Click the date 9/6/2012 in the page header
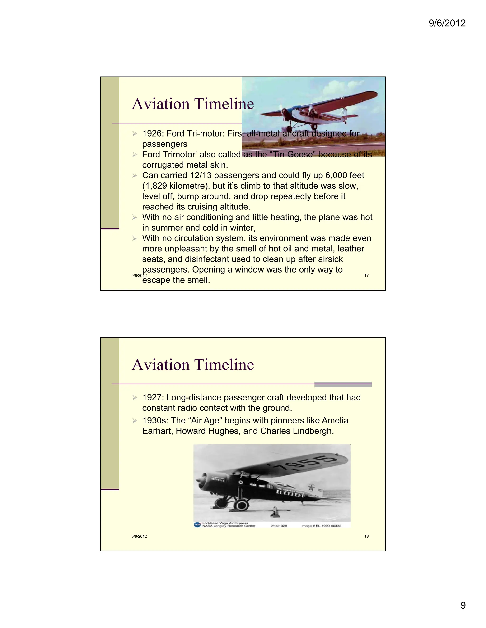[447, 23]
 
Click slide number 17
[366, 275]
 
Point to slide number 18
[366, 536]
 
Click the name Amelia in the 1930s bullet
[335, 420]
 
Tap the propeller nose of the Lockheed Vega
[200, 481]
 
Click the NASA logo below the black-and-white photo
[197, 524]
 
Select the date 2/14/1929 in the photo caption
[279, 526]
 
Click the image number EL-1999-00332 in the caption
[328, 526]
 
